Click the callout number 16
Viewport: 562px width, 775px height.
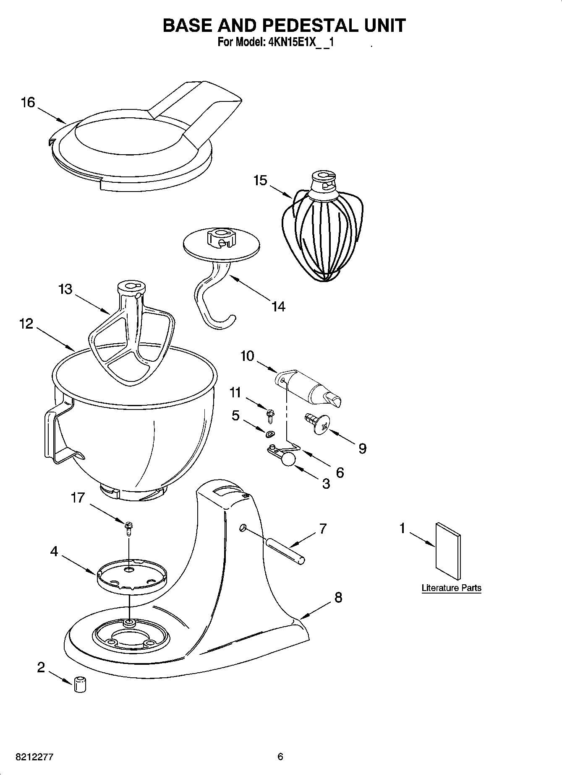(x=29, y=102)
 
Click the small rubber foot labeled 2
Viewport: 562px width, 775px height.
(x=80, y=684)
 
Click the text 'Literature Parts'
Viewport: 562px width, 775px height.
(x=451, y=588)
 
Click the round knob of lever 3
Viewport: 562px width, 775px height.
(x=288, y=459)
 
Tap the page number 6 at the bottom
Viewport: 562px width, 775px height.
(x=280, y=757)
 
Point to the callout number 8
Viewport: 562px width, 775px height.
(x=338, y=597)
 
